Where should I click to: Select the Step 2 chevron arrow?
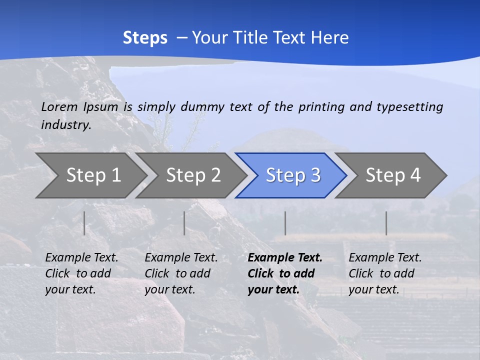coord(192,175)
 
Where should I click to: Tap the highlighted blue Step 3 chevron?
coord(292,175)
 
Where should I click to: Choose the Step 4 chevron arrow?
coord(392,175)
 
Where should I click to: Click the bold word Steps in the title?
coord(145,37)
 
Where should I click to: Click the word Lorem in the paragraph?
coord(59,106)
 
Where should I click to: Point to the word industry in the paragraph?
coord(66,124)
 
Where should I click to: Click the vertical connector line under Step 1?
coord(84,223)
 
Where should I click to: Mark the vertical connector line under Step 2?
coord(184,223)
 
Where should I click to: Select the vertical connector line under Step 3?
coord(285,223)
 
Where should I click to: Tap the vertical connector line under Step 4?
coord(386,223)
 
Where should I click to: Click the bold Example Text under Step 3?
coord(285,273)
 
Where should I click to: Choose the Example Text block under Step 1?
coord(81,273)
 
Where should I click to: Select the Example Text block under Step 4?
coord(385,273)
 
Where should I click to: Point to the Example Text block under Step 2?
coord(181,273)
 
